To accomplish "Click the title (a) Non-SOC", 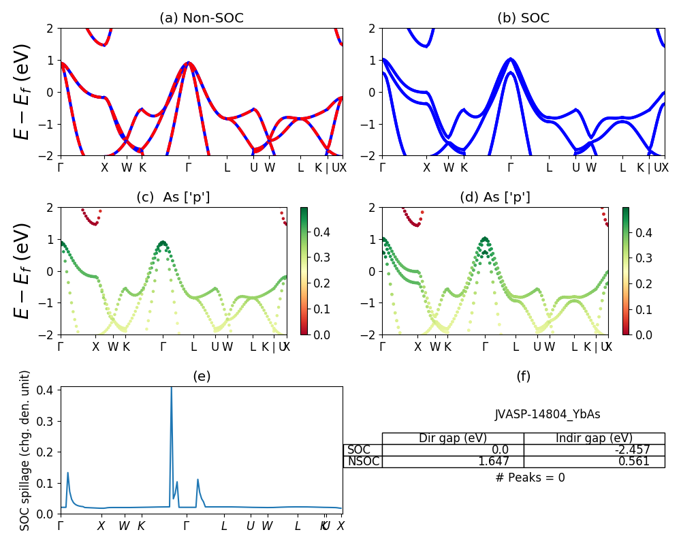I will tap(202, 18).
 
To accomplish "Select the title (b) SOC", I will tap(523, 18).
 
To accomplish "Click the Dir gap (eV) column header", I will tap(453, 438).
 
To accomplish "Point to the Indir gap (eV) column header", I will tap(594, 438).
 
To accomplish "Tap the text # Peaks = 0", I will tap(530, 478).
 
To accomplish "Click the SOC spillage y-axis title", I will tap(25, 450).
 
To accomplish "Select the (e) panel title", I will tap(202, 376).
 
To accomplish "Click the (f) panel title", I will tap(523, 376).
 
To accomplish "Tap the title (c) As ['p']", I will tap(173, 198).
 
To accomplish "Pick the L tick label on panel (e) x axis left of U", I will tap(224, 526).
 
